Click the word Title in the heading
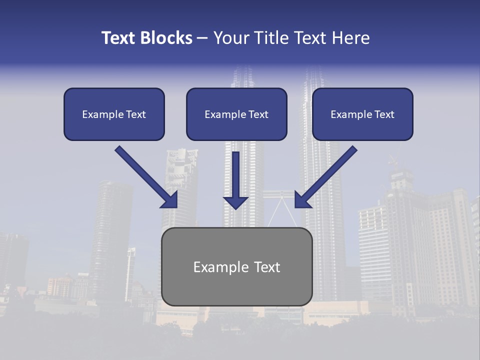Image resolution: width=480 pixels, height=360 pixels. (270, 38)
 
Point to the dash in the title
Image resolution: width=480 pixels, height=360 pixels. (202, 38)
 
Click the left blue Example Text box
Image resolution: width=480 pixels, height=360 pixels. (114, 114)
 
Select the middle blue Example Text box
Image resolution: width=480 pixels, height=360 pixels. (236, 114)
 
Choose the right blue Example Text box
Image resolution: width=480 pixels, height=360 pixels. (362, 114)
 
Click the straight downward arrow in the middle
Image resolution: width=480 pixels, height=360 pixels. (235, 175)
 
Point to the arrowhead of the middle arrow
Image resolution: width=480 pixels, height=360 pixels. (235, 202)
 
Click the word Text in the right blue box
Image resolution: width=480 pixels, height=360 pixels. (384, 114)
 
